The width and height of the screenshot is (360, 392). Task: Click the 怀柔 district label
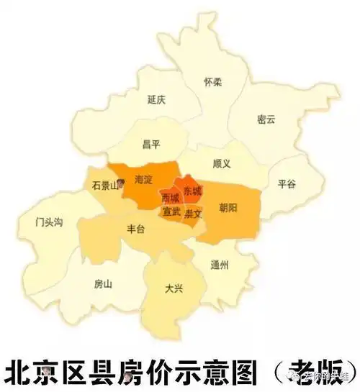point(212,81)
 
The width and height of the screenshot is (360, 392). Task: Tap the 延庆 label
point(156,99)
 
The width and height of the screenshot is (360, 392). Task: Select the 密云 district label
point(266,119)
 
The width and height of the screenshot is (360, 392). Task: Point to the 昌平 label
point(150,145)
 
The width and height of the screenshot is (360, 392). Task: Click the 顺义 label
point(222,163)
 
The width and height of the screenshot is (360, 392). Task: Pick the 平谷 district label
point(286,184)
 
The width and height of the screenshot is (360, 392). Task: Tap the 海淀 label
point(144,178)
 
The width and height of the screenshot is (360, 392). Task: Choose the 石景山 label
point(106,185)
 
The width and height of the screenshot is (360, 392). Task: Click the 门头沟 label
point(50,222)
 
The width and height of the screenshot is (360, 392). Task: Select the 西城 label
point(170,197)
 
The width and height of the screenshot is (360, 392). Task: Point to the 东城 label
point(192,191)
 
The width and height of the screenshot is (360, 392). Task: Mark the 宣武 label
point(171,213)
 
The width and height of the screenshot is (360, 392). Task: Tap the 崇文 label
point(193,214)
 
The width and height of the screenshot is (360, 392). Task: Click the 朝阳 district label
point(228,207)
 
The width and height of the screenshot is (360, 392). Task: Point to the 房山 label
point(103,283)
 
